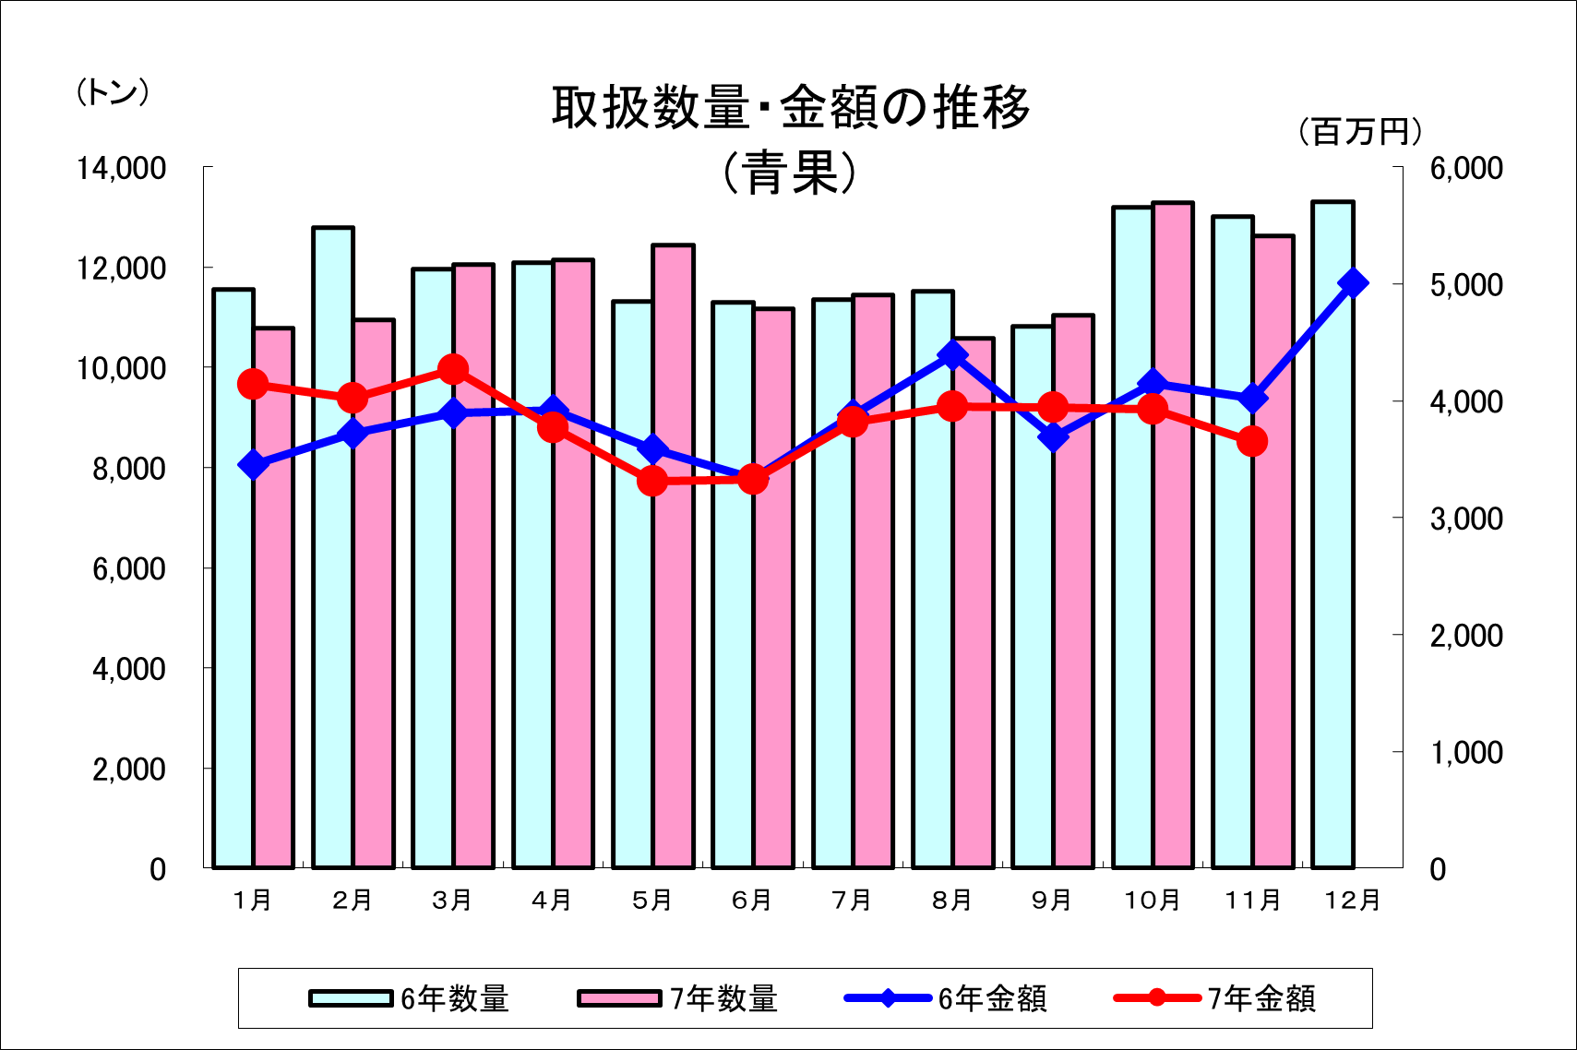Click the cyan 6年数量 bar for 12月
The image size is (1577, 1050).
[x=1332, y=535]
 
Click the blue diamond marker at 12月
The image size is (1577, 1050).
[x=1353, y=283]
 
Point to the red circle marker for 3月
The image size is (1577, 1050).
[x=452, y=370]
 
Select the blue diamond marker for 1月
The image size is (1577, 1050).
[x=253, y=465]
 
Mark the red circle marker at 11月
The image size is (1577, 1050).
[x=1252, y=442]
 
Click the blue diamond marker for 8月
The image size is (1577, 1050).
[x=952, y=355]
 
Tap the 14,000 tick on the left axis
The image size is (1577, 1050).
[x=121, y=168]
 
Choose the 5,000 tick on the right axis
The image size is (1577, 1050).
[x=1466, y=285]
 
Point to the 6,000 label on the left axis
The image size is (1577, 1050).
[x=129, y=569]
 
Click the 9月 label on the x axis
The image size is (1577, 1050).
[x=1052, y=900]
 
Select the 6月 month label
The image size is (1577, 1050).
[x=752, y=900]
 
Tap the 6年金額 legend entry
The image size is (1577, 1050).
[x=946, y=998]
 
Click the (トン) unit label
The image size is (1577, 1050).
[x=113, y=92]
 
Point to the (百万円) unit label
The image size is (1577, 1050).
[x=1360, y=132]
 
